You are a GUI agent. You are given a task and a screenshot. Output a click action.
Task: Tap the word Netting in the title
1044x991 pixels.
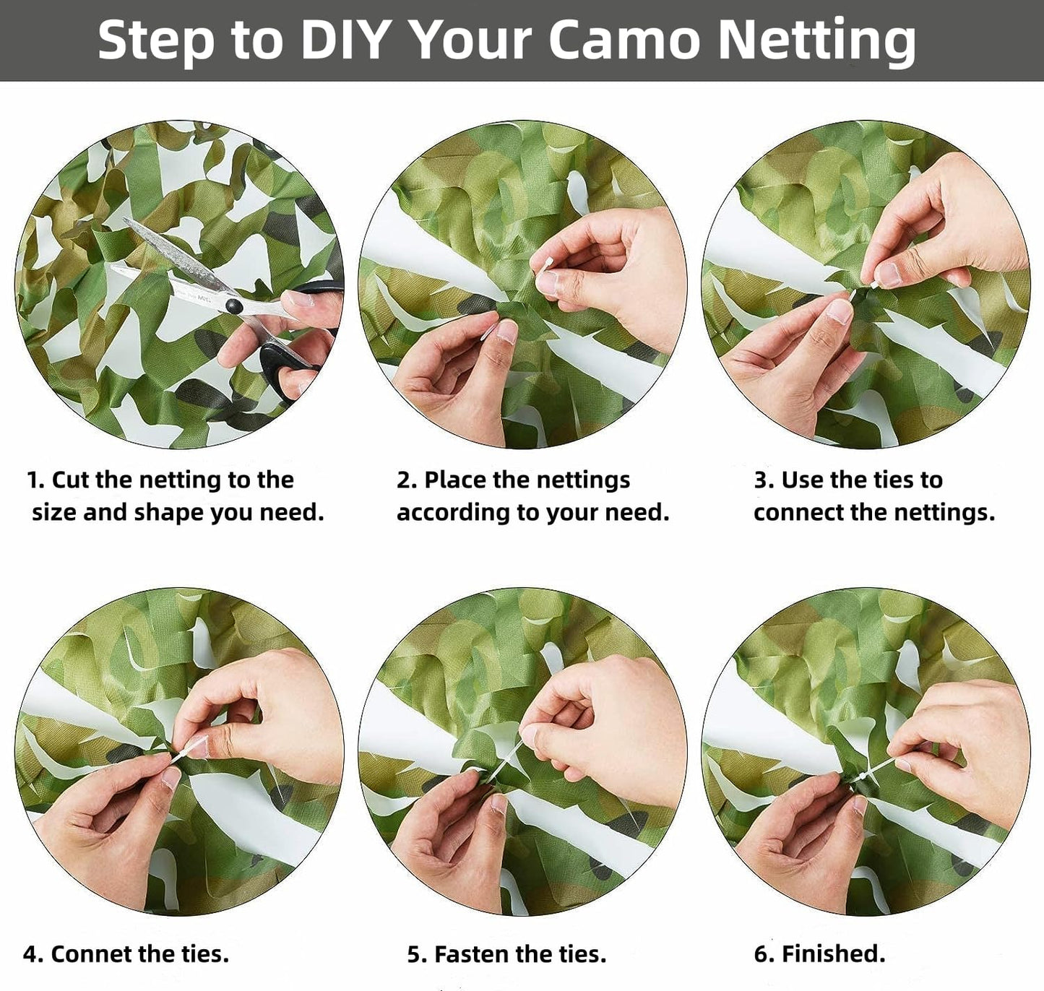coord(816,40)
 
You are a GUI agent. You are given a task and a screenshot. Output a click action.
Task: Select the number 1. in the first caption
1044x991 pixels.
coord(35,480)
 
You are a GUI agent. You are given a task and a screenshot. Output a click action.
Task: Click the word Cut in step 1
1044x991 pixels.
coord(70,480)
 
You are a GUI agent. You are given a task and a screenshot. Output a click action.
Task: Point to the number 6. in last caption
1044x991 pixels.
coord(764,954)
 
